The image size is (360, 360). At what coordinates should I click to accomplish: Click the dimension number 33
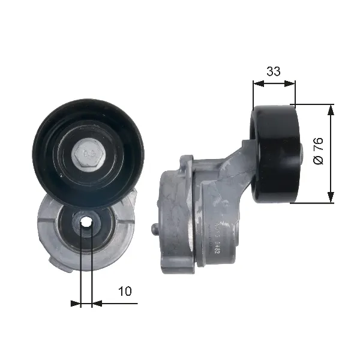(x=273, y=71)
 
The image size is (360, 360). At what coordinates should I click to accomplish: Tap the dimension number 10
(x=125, y=291)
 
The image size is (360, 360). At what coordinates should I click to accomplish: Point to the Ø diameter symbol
(x=319, y=160)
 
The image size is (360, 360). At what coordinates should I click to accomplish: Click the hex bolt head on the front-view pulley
(x=88, y=155)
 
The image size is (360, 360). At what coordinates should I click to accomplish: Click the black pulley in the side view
(x=275, y=154)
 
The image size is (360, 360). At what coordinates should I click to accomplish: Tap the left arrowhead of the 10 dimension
(x=76, y=304)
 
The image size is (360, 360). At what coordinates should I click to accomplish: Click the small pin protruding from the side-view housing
(x=155, y=229)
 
